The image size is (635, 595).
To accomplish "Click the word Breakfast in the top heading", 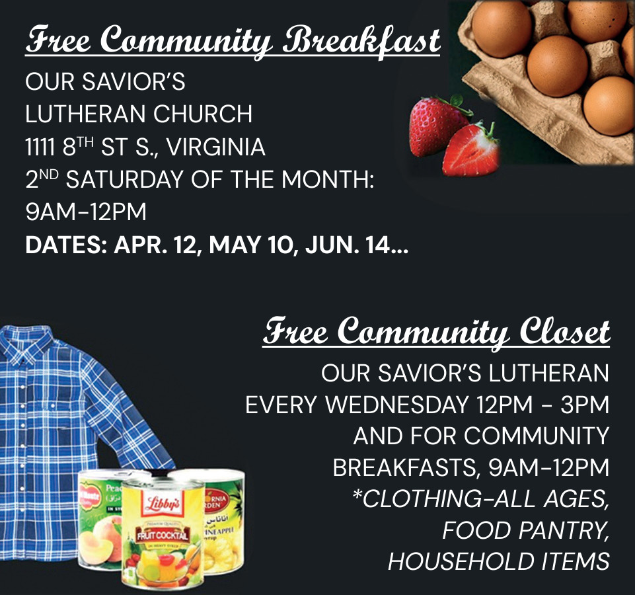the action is coord(361,42).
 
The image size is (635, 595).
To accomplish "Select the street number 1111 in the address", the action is coord(40,147).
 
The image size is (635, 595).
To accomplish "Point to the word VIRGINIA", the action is coord(216,147).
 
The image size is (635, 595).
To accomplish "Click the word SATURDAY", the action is coord(124,180).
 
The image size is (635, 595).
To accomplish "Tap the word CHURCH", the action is coord(203,114).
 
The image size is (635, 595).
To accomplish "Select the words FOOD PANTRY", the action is coord(526,530).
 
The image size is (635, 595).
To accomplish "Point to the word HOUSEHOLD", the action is coord(461,561).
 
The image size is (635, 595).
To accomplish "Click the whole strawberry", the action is coord(437,125).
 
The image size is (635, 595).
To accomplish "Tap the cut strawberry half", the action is coord(472,149).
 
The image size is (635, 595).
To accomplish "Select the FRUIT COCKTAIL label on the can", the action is coord(163,535).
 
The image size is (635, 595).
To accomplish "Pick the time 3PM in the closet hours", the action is coord(585,405).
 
